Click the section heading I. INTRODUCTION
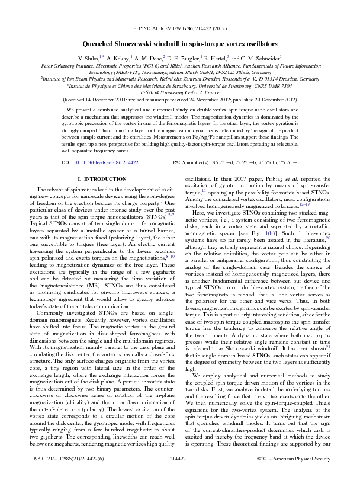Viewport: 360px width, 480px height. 97,179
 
